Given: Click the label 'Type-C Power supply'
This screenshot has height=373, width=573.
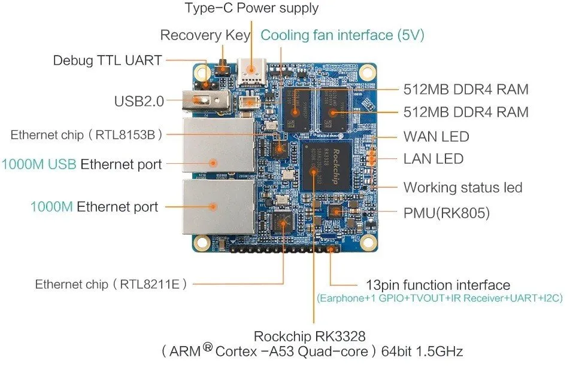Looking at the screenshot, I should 251,8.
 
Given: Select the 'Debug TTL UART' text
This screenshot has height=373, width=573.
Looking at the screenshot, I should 107,60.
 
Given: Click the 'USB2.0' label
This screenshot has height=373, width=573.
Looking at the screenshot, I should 139,101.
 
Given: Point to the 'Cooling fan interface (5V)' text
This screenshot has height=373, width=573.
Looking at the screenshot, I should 342,35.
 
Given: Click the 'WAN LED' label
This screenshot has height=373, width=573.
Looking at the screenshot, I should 436,137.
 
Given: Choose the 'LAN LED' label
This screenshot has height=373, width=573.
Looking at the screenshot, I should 433,159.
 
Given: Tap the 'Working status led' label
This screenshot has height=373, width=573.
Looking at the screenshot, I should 463,188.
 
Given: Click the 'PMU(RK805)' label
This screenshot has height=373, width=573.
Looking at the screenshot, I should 447,212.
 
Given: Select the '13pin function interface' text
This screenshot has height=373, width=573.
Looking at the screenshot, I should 438,285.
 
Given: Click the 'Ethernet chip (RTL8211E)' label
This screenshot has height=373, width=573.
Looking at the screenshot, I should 111,284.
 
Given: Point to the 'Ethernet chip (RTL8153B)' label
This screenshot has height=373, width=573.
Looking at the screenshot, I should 86,134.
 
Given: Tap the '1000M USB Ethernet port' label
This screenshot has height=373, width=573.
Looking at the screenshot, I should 81,164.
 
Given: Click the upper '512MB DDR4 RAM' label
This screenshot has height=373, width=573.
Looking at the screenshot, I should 466,90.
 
